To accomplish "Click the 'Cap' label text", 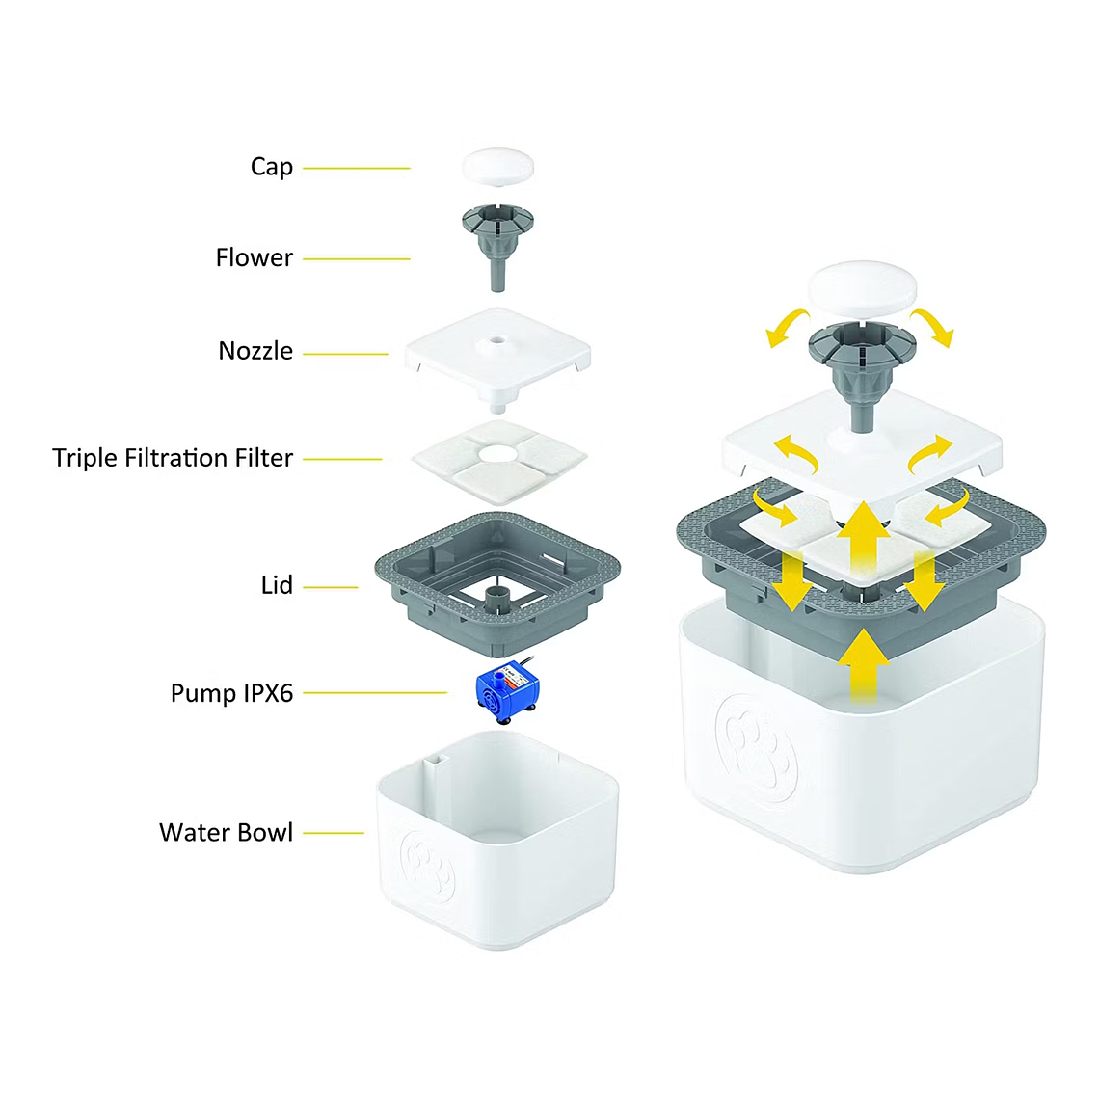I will click(272, 167).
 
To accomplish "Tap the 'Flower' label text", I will click(255, 258).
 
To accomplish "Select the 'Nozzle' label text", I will click(255, 351).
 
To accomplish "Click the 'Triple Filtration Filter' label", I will click(173, 458).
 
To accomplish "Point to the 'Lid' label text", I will click(277, 585).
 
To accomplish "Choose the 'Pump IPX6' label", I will click(231, 693).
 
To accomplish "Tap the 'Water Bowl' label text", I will click(226, 832).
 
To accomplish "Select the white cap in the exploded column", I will click(497, 166).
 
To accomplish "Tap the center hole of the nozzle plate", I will click(497, 341).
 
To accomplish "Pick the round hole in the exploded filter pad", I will click(498, 453).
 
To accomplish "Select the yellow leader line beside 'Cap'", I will click(357, 169).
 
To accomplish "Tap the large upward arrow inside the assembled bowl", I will click(864, 665).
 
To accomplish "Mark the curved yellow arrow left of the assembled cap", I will click(787, 327).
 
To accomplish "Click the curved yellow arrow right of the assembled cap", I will click(933, 326).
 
